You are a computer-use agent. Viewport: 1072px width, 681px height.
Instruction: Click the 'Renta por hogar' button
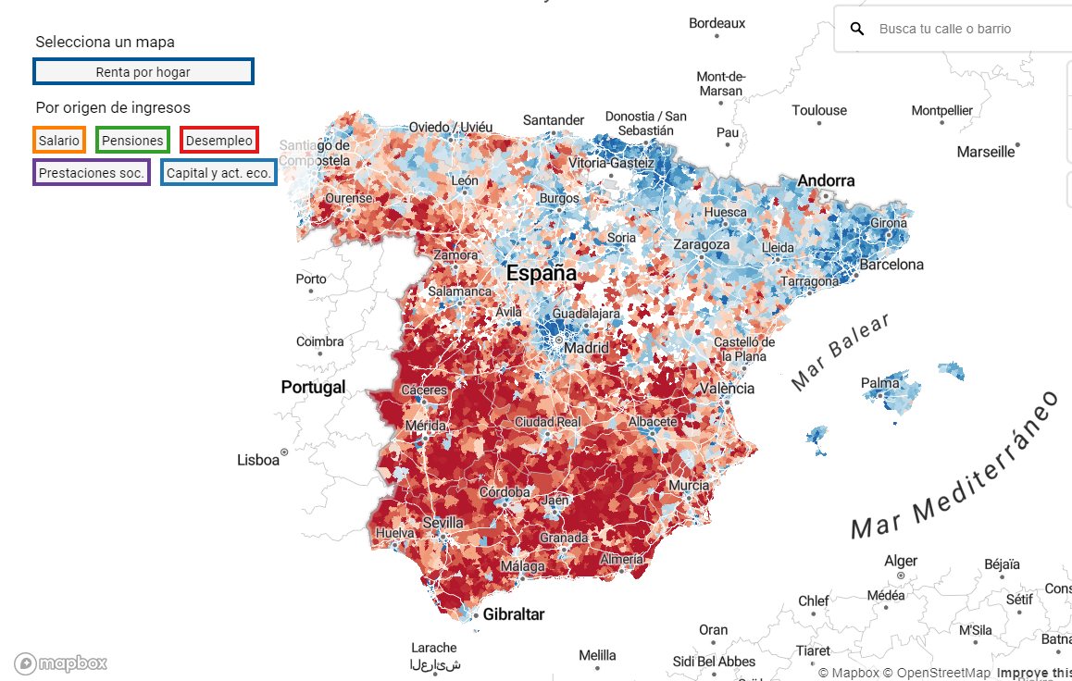pyautogui.click(x=143, y=71)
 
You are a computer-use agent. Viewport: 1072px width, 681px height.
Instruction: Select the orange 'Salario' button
pyautogui.click(x=59, y=141)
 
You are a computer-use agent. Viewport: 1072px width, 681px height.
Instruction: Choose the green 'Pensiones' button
pyautogui.click(x=132, y=141)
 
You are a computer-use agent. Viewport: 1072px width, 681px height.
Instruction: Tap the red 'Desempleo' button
pyautogui.click(x=218, y=141)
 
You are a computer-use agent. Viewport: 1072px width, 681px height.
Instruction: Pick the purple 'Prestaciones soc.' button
pyautogui.click(x=92, y=172)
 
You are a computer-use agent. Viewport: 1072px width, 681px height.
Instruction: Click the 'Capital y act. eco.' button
pyautogui.click(x=218, y=172)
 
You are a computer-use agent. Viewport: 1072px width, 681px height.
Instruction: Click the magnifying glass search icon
pyautogui.click(x=858, y=29)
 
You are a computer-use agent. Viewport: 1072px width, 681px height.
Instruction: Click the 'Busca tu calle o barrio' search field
pyautogui.click(x=963, y=29)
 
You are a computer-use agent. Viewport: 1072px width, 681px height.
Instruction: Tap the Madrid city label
pyautogui.click(x=587, y=349)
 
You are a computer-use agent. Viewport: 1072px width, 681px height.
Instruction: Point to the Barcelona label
pyautogui.click(x=891, y=265)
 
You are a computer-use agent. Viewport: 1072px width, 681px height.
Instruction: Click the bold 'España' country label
pyautogui.click(x=542, y=273)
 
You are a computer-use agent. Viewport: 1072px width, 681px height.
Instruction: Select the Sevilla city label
pyautogui.click(x=443, y=523)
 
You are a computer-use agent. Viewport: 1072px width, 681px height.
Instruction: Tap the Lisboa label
pyautogui.click(x=258, y=460)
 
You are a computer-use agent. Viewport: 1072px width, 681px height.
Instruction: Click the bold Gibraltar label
pyautogui.click(x=514, y=614)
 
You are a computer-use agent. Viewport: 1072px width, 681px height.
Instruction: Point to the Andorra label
pyautogui.click(x=826, y=180)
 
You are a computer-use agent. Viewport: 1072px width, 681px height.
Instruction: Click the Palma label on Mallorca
pyautogui.click(x=879, y=383)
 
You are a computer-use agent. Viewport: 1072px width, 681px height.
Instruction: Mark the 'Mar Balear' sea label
pyautogui.click(x=841, y=352)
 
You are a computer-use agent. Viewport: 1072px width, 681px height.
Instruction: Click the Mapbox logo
pyautogui.click(x=61, y=662)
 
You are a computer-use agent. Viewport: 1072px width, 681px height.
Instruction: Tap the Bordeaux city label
pyautogui.click(x=717, y=23)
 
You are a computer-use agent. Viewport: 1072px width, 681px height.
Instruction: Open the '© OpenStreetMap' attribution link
pyautogui.click(x=936, y=673)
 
